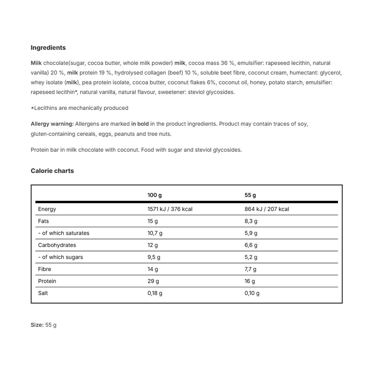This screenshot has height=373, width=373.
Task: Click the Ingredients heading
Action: tap(48, 48)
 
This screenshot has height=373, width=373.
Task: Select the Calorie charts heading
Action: tap(52, 171)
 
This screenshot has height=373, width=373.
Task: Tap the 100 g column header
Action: tap(154, 195)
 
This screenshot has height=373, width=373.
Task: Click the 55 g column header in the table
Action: tap(250, 195)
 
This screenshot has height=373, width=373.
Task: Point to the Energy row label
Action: tap(47, 209)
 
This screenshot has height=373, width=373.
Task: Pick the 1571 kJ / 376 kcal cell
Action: tap(170, 209)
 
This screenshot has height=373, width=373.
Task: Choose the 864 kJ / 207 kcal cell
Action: tap(267, 209)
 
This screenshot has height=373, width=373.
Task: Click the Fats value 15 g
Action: tap(153, 221)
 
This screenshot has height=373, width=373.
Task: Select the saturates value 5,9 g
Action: tap(251, 233)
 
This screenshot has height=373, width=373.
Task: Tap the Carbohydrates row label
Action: tap(57, 245)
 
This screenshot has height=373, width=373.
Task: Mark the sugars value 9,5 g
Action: tap(154, 257)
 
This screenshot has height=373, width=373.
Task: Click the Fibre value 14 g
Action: tap(153, 269)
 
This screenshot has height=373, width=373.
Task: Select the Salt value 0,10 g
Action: tap(252, 293)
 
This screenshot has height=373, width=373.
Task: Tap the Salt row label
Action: tap(43, 293)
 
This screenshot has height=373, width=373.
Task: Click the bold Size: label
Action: tap(37, 325)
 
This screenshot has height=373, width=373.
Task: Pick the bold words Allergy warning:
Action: tap(52, 124)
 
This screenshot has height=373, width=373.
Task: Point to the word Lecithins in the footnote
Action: tap(46, 108)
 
